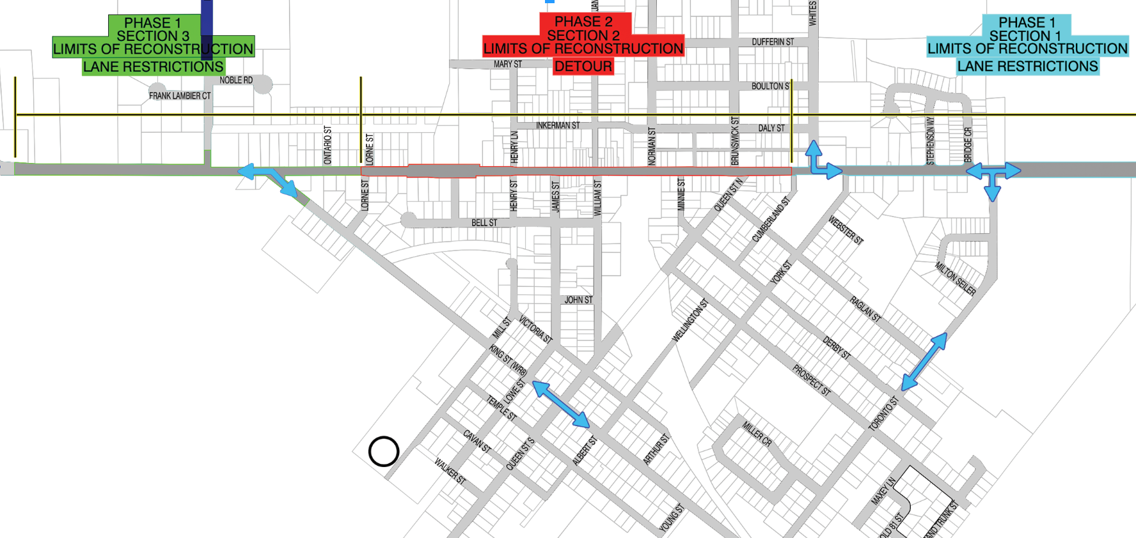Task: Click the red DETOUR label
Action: pos(583,66)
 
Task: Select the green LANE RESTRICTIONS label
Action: pos(153,66)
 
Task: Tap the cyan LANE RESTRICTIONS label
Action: pos(1027,66)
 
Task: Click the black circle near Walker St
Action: pos(384,452)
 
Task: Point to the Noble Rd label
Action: pos(236,81)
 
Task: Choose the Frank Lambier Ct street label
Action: pos(180,96)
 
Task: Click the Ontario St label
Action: pos(327,144)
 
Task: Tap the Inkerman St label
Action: pos(558,126)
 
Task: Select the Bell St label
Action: pos(484,223)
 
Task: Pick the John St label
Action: pos(578,300)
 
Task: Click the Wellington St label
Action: pos(690,320)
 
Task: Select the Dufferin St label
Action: pos(773,42)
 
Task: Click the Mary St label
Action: pos(507,65)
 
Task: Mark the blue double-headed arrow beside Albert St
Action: pos(561,404)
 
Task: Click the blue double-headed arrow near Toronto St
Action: pos(924,362)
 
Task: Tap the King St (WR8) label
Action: pos(508,360)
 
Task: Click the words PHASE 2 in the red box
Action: pos(583,22)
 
